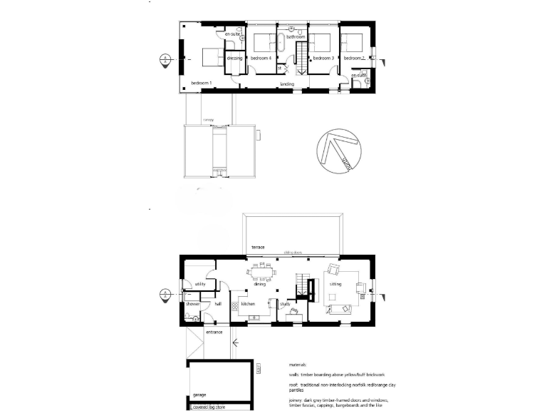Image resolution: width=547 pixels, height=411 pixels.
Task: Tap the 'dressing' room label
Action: click(x=234, y=58)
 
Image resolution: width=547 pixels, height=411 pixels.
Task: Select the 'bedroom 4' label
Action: click(x=261, y=58)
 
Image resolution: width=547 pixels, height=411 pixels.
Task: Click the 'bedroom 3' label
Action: click(x=323, y=58)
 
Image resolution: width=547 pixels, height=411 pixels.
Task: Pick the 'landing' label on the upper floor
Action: click(x=287, y=84)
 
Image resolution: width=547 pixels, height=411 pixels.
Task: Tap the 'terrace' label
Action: click(x=258, y=247)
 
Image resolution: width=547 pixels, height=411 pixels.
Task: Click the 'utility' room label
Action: click(x=199, y=284)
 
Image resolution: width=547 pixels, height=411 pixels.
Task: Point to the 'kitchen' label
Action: click(x=248, y=305)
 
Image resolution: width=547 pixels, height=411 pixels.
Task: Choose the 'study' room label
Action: click(x=285, y=305)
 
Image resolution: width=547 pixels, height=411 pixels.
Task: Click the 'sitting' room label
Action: click(x=335, y=284)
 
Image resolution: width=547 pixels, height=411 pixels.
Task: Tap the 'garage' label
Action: click(x=199, y=393)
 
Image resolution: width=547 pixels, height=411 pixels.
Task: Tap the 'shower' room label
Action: click(x=192, y=305)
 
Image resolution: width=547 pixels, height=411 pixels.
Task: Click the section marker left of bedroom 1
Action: click(x=165, y=59)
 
